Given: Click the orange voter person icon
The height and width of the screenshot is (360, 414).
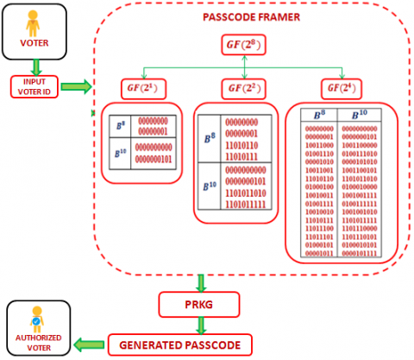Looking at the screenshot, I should click(x=33, y=20).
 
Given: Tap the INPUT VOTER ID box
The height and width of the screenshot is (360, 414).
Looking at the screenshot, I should click(x=33, y=86).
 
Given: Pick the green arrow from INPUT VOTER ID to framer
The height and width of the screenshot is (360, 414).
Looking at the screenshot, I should click(x=76, y=86).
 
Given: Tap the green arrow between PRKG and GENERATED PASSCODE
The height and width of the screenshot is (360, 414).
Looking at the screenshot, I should click(x=201, y=325).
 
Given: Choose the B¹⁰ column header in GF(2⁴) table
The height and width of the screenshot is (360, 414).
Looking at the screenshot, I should click(x=354, y=114).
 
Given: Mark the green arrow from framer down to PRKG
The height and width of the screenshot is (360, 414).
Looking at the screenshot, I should click(x=201, y=281).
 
